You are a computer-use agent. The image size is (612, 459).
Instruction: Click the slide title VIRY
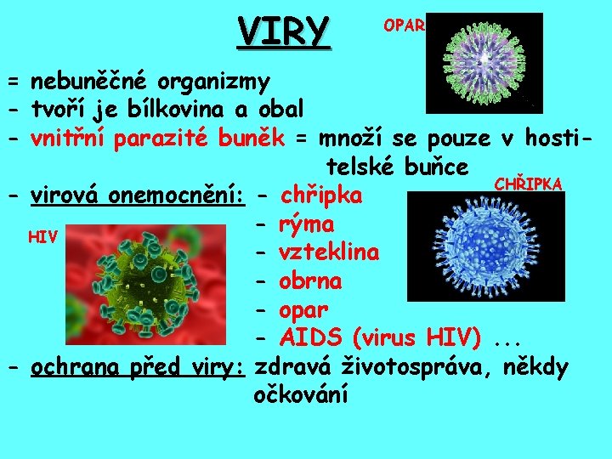coord(283,31)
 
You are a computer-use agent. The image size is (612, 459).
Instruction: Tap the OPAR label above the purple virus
coord(404,25)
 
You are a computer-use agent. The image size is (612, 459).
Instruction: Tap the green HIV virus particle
coord(153,274)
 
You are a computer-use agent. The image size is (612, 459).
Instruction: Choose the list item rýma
coord(306,225)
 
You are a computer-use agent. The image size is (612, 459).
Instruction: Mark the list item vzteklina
coord(329,253)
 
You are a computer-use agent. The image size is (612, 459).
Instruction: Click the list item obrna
coord(310,280)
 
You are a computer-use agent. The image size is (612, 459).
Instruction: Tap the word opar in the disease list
coord(303,309)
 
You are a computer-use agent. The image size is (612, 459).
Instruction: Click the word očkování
coord(301,394)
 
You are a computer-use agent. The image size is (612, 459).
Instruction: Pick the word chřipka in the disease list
coord(321,196)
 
